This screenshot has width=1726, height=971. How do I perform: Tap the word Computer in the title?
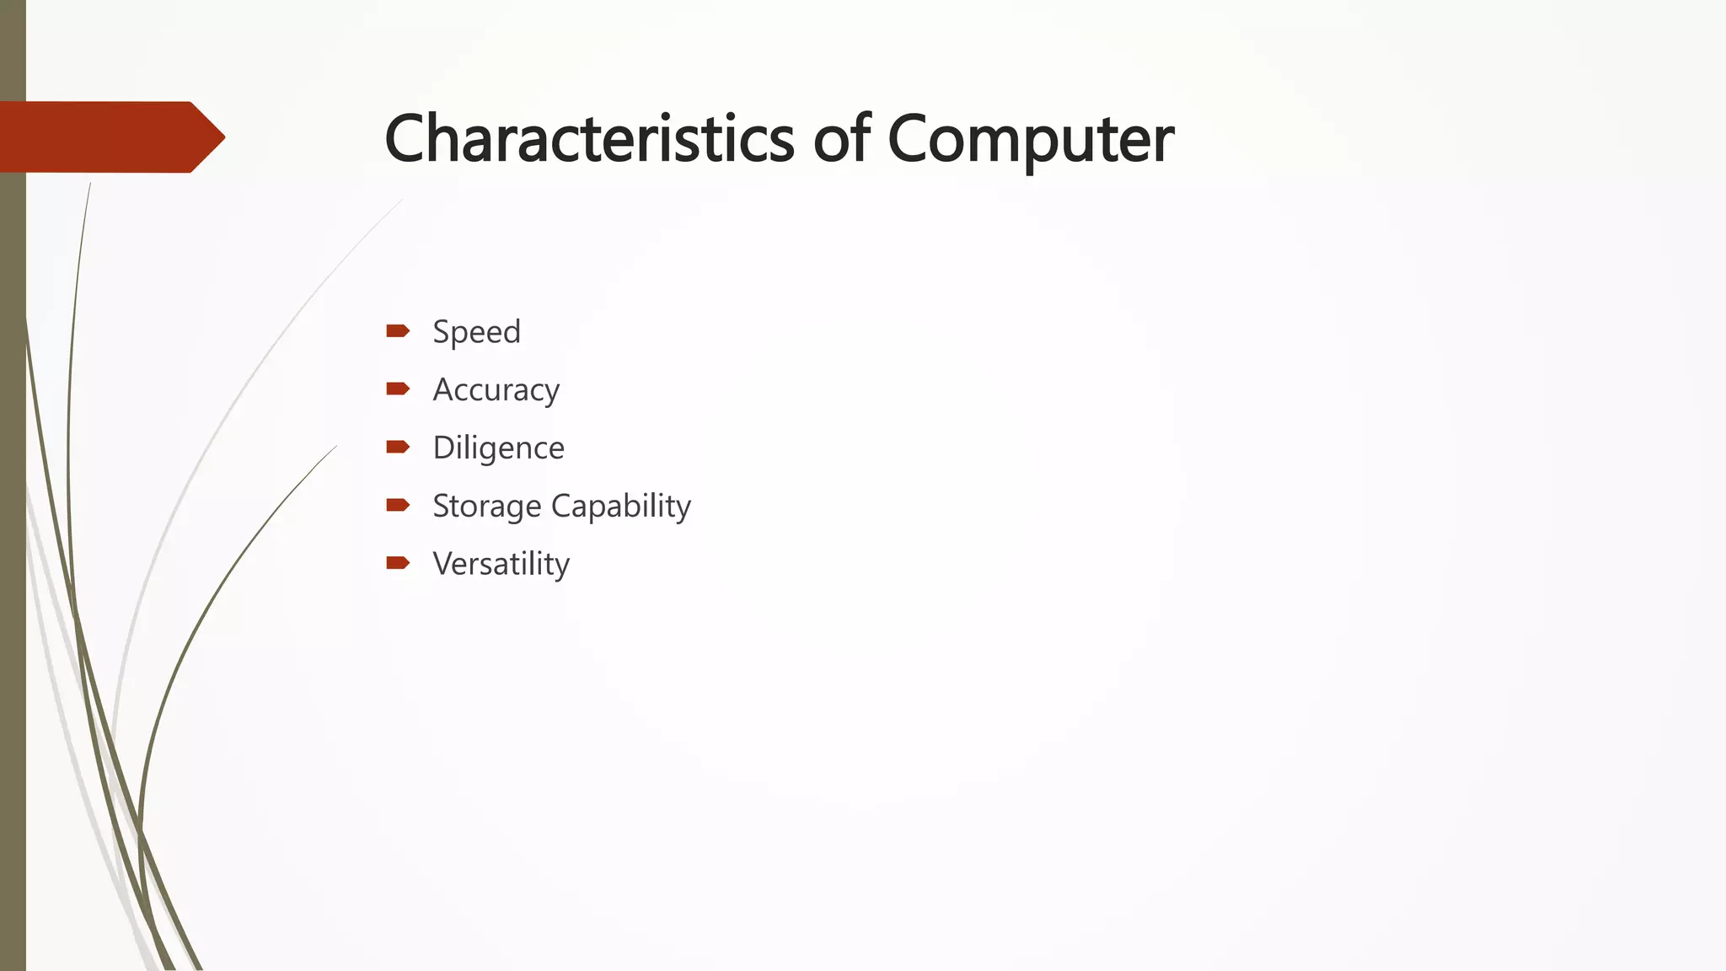tap(1030, 139)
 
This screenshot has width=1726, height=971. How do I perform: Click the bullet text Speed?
tap(476, 332)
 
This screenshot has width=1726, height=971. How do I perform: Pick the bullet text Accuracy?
tap(496, 390)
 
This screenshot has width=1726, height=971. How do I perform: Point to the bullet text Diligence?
tap(498, 448)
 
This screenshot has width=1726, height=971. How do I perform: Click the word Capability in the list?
tap(621, 507)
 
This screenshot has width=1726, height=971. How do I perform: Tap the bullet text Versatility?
tap(501, 564)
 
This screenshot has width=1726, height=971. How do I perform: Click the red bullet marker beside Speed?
tap(398, 330)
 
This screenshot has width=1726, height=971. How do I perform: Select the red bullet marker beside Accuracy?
tap(398, 389)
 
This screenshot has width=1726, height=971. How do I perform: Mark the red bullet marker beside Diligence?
tap(398, 447)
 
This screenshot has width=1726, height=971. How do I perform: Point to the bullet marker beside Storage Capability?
tap(398, 505)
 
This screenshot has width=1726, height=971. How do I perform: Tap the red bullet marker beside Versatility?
tap(398, 563)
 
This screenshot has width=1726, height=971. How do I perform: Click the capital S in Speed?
tap(442, 332)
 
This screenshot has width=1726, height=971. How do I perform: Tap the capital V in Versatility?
tap(443, 564)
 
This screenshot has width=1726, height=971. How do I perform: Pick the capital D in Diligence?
tap(444, 448)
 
